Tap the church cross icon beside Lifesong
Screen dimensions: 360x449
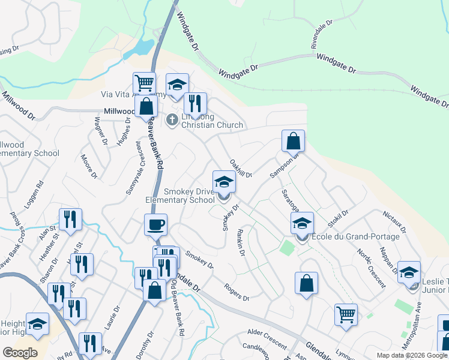click(x=172, y=120)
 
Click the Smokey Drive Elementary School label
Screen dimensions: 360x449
click(x=180, y=196)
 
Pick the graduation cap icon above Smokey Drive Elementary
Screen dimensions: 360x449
click(x=224, y=181)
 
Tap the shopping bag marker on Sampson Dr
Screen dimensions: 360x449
click(x=294, y=142)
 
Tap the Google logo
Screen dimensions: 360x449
click(x=20, y=352)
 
